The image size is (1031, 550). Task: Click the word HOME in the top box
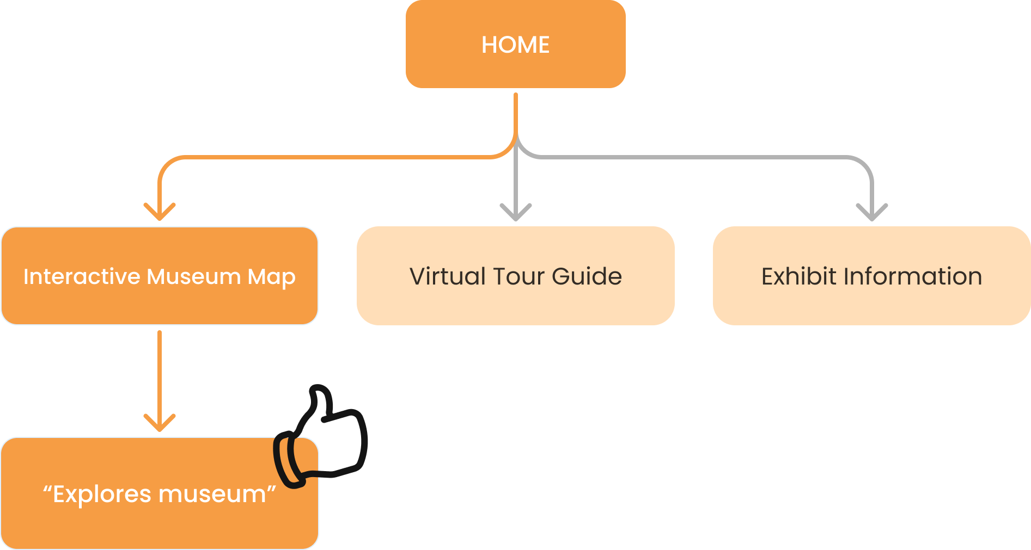515,45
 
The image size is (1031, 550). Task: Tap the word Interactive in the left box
82,276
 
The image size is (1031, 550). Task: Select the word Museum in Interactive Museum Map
193,276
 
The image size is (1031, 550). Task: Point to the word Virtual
447,276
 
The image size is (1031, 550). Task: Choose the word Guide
587,276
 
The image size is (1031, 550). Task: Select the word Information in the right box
913,276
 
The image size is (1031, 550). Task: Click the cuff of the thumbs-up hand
288,460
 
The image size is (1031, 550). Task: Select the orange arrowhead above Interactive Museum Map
160,212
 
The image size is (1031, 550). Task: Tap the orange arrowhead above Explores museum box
160,423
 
